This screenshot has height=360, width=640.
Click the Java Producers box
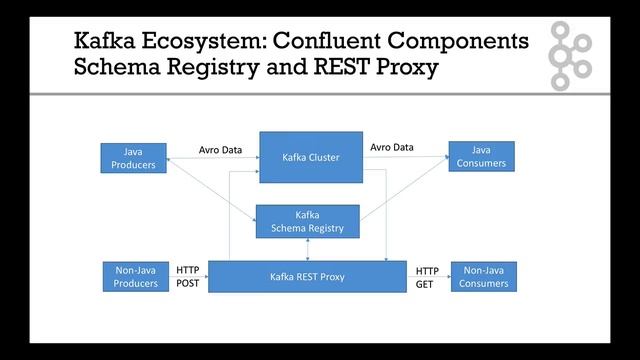[x=133, y=158]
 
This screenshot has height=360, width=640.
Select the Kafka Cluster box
[x=311, y=157]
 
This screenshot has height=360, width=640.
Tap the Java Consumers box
[x=481, y=157]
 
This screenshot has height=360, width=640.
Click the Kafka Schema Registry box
[x=307, y=221]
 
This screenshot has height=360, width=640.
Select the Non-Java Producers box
[x=133, y=277]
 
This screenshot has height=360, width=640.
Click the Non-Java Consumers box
[x=484, y=277]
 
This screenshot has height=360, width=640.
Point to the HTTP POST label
[x=188, y=277]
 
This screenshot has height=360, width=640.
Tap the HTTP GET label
[x=427, y=277]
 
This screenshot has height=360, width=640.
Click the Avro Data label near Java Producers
[x=220, y=150]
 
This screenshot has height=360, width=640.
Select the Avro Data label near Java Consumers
[x=391, y=147]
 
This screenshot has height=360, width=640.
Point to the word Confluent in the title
[x=336, y=42]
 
